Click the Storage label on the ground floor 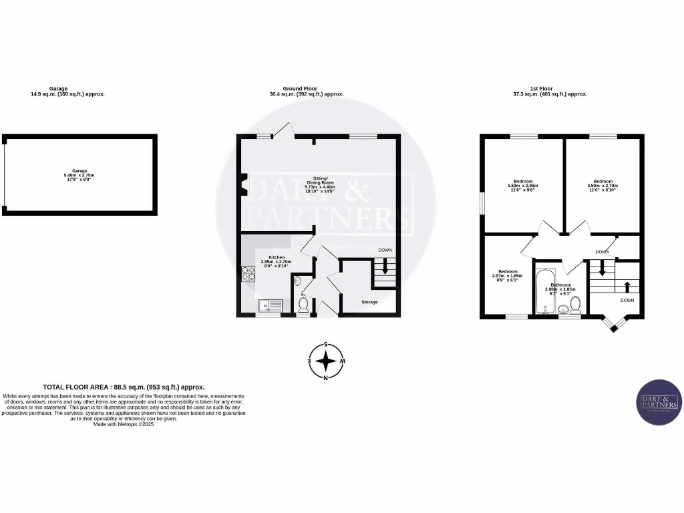click(x=369, y=302)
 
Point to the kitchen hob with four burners click(x=248, y=273)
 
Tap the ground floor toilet click(x=303, y=305)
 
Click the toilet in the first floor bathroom click(x=575, y=306)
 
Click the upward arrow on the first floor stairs click(x=627, y=287)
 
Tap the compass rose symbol click(x=325, y=361)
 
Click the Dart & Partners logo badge click(x=659, y=402)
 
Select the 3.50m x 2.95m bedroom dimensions click(x=523, y=186)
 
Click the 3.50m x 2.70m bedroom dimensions click(x=603, y=186)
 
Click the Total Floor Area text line click(x=124, y=387)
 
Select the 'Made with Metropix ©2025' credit click(x=124, y=424)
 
